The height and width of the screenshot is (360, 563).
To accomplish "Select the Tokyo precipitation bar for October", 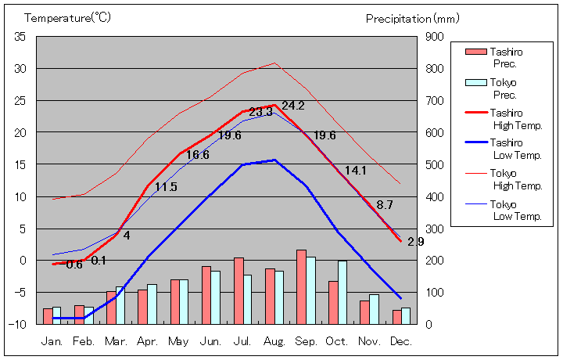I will tap(342, 292).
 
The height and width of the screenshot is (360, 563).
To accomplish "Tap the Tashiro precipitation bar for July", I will tap(238, 290).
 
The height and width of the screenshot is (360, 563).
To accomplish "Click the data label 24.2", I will tap(293, 106).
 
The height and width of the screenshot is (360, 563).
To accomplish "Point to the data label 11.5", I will tap(166, 187).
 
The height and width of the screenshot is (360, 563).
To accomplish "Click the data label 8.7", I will tap(385, 205).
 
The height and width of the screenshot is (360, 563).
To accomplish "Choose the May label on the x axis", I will tap(179, 342).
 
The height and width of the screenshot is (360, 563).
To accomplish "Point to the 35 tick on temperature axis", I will tap(20, 37).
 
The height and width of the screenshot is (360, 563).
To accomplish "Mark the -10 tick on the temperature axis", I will tap(19, 324).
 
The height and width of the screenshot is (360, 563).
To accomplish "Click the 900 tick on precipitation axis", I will tap(435, 37).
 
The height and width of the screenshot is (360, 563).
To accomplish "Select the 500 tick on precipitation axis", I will tap(435, 164).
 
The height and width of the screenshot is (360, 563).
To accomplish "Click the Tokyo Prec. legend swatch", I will tap(475, 82).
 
